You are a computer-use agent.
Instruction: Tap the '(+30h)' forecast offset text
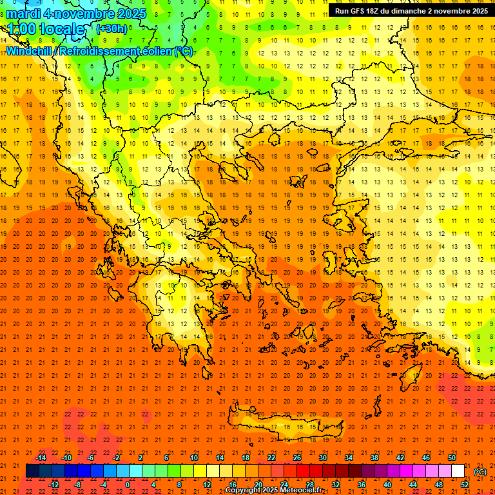pos(112,29)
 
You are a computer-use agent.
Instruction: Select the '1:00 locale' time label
pos(46,29)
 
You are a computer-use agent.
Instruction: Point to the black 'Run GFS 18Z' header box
pos(411,11)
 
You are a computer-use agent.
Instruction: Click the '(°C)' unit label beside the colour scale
pos(480,472)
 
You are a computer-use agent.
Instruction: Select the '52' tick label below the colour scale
pos(464,485)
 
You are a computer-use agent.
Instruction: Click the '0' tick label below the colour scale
pos(128,485)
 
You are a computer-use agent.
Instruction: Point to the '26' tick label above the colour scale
pos(297,458)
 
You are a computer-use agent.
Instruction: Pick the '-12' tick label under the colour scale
pos(54,485)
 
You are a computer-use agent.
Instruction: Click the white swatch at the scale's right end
pos(458,471)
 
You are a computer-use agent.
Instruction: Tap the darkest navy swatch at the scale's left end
pos(32,471)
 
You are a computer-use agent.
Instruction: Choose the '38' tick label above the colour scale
pos(374,458)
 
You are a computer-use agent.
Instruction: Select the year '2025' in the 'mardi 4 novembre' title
pos(128,14)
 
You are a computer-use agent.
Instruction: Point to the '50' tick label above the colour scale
pos(452,458)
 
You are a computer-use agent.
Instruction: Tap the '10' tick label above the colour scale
pos(194,458)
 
